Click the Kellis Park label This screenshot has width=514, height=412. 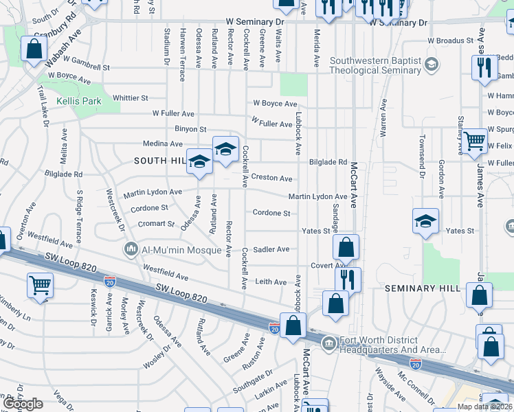(x=78, y=101)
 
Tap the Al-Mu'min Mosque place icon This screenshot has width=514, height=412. (x=130, y=248)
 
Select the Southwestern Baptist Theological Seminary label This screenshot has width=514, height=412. (x=375, y=65)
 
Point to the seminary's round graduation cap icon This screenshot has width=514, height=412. (x=431, y=65)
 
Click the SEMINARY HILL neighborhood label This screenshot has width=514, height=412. (x=421, y=288)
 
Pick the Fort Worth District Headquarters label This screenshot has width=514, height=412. (x=388, y=345)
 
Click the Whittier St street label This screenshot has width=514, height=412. (x=131, y=98)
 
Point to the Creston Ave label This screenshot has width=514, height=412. (x=271, y=178)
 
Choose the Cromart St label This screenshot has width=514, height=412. (x=155, y=224)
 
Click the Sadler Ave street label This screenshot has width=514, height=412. (x=271, y=250)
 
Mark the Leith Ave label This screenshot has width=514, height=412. (x=271, y=282)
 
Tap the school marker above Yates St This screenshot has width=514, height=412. (x=425, y=221)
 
